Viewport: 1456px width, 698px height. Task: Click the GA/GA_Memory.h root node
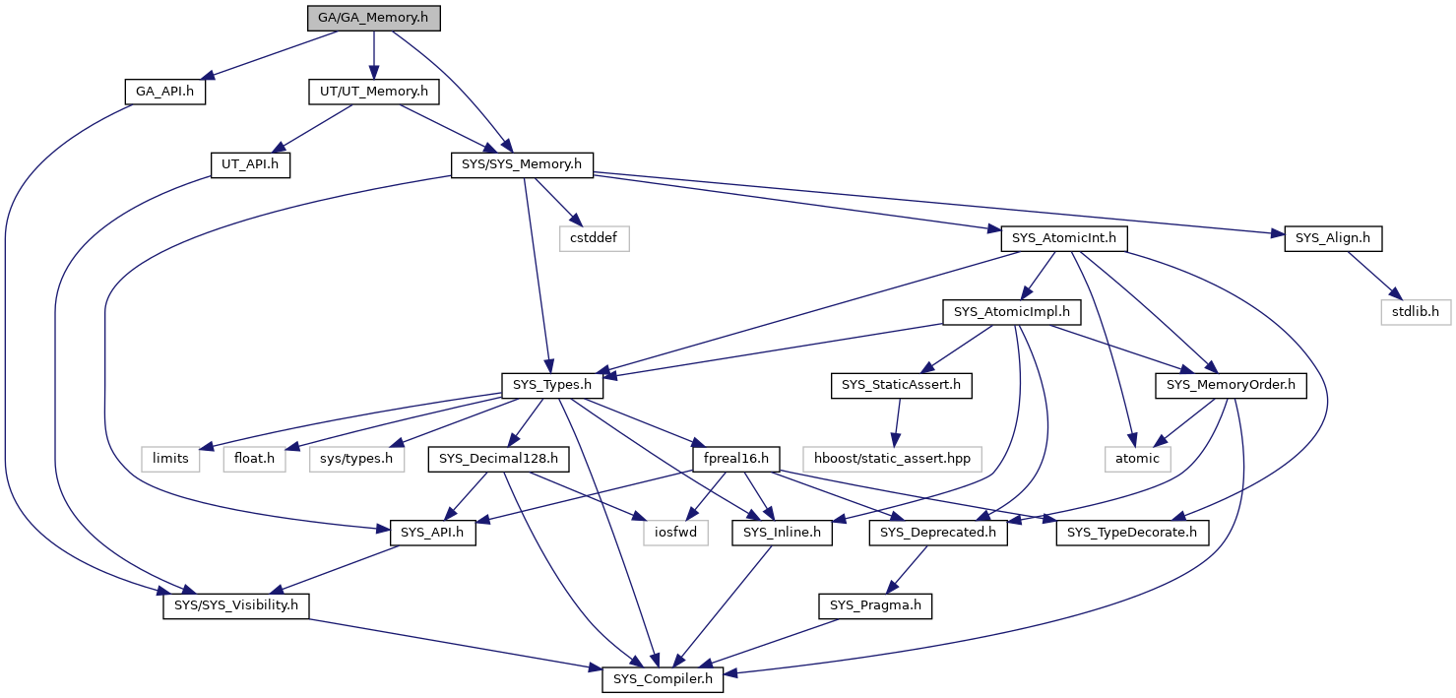coord(374,18)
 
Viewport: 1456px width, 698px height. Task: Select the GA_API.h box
coord(165,92)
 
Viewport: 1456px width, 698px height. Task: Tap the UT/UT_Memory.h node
coord(374,92)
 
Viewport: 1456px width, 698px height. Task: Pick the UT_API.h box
coord(250,165)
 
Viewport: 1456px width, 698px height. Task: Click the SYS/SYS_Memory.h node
coord(522,165)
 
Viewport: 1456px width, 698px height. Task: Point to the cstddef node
coord(594,238)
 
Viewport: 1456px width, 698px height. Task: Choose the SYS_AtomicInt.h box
coord(1064,238)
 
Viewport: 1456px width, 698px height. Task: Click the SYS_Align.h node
coord(1333,238)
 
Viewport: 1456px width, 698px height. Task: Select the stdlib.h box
coord(1416,312)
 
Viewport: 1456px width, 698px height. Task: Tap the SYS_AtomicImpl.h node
coord(1011,312)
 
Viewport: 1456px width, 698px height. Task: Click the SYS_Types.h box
coord(552,385)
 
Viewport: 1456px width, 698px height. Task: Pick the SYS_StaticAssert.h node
coord(902,385)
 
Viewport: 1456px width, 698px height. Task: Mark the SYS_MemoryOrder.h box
coord(1232,385)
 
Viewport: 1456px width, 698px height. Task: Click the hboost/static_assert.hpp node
coord(893,459)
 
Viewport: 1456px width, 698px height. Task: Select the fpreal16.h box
coord(736,459)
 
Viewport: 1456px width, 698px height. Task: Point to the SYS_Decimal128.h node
coord(498,459)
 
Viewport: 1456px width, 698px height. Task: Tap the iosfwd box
coord(676,533)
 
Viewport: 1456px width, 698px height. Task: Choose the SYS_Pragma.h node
coord(875,605)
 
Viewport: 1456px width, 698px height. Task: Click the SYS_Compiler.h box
coord(663,680)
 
